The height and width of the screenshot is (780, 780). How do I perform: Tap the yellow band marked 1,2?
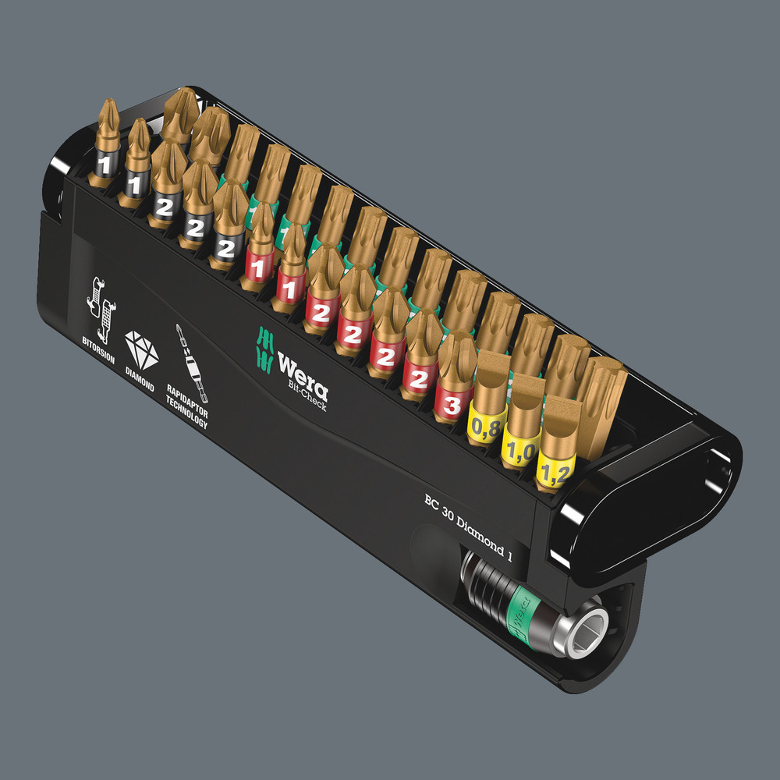[555, 471]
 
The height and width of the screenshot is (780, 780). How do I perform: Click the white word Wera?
[303, 367]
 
